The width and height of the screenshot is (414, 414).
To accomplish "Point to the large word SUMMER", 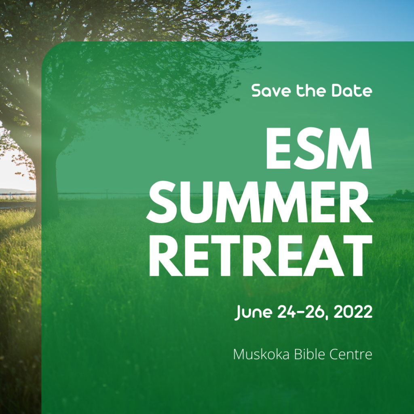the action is tap(260, 202).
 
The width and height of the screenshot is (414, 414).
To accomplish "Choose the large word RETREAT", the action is tap(261, 256).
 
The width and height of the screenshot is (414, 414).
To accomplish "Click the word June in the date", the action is tap(253, 313).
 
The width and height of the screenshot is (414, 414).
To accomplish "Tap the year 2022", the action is tap(353, 312).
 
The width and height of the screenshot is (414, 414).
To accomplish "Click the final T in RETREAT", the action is tap(358, 256).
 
